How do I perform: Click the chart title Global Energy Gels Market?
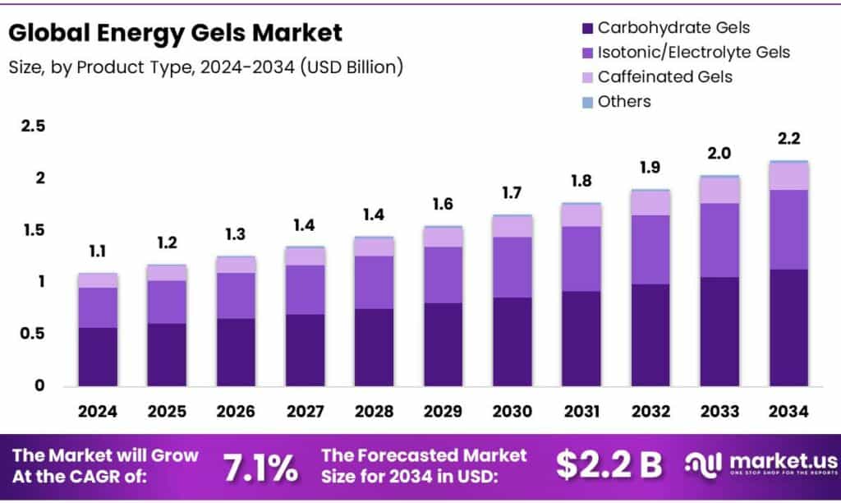point(175,33)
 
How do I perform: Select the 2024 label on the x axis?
point(98,411)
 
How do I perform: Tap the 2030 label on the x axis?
point(512,411)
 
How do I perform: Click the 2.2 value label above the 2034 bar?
point(789,138)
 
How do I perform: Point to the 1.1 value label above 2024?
point(98,251)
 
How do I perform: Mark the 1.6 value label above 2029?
point(443,204)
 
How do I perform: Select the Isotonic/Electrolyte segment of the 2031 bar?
point(581,258)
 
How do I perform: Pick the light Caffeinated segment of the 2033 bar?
point(719,190)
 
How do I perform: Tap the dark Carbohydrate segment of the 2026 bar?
point(236,352)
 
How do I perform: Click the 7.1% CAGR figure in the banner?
point(260,467)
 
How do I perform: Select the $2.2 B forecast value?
point(609,465)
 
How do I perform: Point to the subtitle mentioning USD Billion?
point(205,67)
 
